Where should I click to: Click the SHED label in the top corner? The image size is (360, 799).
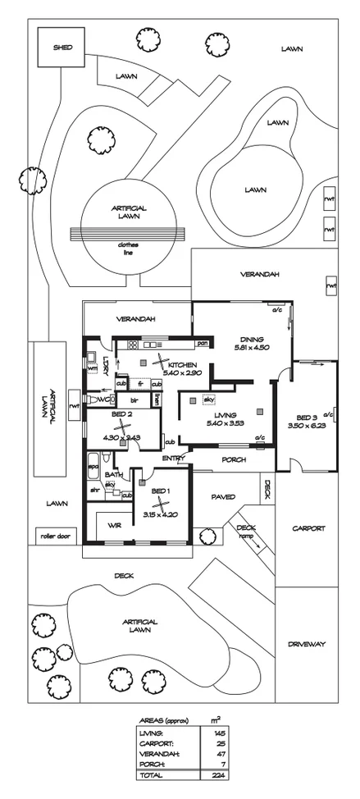(x=62, y=47)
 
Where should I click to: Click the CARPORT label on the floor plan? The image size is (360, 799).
(x=308, y=528)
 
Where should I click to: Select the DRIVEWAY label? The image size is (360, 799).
(x=308, y=644)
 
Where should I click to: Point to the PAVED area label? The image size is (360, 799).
(x=223, y=496)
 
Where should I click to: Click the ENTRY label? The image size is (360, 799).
(x=173, y=459)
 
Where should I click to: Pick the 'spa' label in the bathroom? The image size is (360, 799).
(x=93, y=466)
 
